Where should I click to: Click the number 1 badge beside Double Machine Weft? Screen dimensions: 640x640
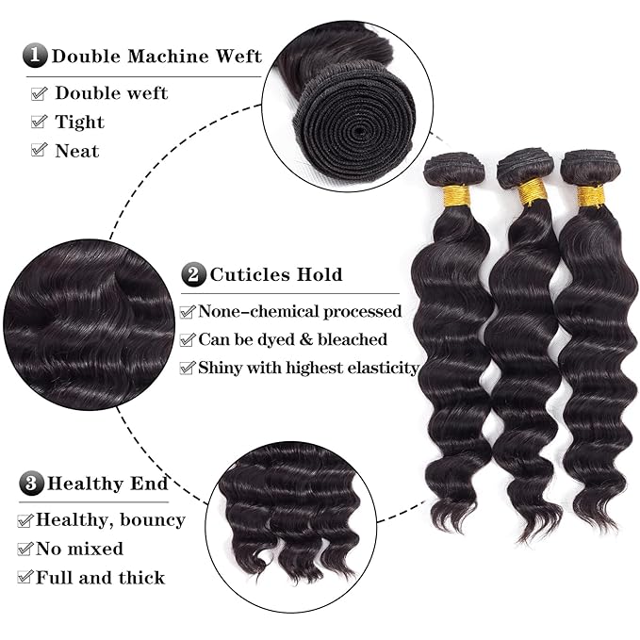(36, 55)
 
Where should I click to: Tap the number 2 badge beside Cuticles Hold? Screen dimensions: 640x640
(193, 275)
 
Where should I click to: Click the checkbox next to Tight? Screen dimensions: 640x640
(39, 123)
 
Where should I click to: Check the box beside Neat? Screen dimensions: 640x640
(39, 151)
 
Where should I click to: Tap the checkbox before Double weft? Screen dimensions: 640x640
(39, 93)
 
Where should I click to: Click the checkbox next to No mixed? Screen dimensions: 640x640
(25, 549)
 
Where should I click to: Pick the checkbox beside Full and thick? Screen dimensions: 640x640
(25, 578)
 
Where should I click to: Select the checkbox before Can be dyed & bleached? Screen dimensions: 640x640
(188, 339)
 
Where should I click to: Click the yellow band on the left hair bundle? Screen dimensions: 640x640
(455, 195)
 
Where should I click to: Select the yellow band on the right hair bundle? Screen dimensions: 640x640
(591, 195)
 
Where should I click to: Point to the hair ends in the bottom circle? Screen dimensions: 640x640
(287, 547)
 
